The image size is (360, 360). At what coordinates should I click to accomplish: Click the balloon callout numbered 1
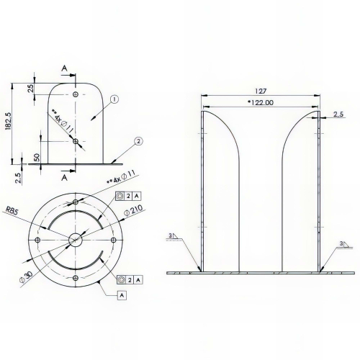point(114,99)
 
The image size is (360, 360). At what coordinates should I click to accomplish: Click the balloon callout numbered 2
point(138,141)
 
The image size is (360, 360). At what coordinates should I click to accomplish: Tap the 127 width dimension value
point(261,91)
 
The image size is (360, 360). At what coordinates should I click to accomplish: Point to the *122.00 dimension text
point(261,103)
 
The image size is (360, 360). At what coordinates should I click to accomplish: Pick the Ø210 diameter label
point(133,210)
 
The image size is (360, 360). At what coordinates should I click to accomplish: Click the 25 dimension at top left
point(31,89)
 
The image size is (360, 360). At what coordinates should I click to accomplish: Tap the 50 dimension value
point(37,158)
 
